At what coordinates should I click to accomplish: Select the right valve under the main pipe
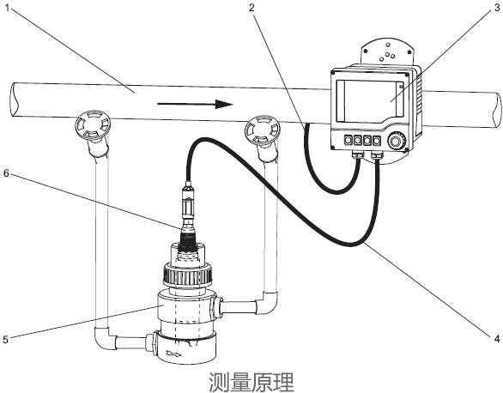coord(262,130)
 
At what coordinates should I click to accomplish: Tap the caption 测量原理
coord(251,378)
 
